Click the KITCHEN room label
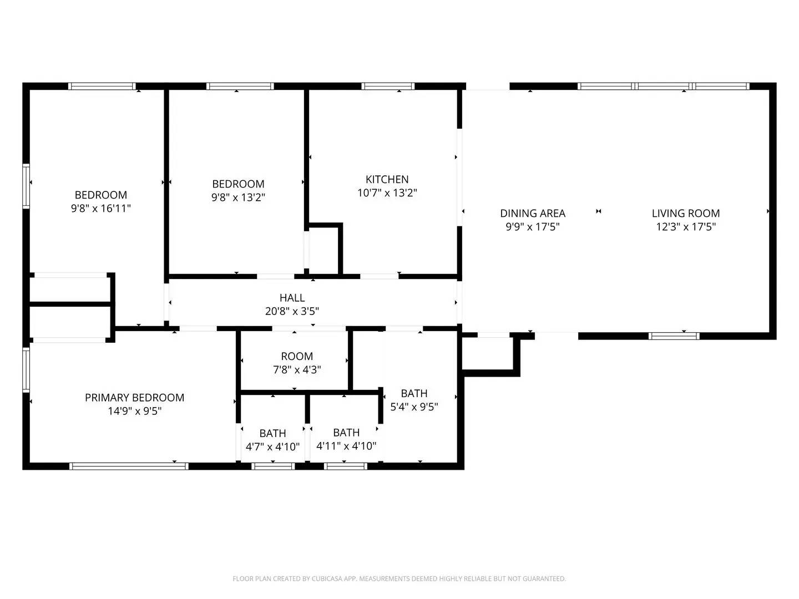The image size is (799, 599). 387,179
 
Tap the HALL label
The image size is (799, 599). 292,298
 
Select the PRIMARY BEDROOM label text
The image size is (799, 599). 135,398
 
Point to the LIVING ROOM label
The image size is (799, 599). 686,213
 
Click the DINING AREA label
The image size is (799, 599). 533,213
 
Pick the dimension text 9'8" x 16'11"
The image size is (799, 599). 101,209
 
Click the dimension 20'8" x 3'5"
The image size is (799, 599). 292,311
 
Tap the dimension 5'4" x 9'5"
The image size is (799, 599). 414,407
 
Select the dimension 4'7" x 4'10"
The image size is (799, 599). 272,446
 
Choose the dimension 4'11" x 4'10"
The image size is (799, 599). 346,446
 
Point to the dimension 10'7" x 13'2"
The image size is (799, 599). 387,193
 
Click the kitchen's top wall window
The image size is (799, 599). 388,86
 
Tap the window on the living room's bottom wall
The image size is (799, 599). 674,336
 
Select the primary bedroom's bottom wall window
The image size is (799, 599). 129,466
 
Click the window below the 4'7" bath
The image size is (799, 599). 273,466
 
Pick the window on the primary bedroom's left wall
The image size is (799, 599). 26,369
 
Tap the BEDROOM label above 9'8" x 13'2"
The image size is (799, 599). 239,184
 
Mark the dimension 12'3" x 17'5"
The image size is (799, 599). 686,227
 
